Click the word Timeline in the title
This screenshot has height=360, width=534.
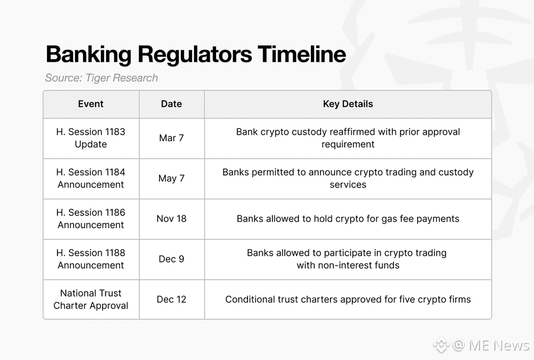(x=302, y=54)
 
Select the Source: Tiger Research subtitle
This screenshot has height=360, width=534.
(x=101, y=78)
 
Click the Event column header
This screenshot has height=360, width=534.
(x=91, y=104)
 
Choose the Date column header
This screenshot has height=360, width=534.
(x=171, y=104)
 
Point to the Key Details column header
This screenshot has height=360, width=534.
(x=348, y=104)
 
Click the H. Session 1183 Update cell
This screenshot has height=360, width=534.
(x=91, y=138)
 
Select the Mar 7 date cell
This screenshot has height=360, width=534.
(x=171, y=138)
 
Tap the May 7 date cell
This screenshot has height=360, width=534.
(x=171, y=179)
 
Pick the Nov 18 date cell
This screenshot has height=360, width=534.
(x=171, y=218)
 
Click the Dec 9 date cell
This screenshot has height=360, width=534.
(x=171, y=259)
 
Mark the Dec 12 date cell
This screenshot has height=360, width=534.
(x=171, y=300)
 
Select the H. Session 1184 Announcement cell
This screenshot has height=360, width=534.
(x=91, y=179)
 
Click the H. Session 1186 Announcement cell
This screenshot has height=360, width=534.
(x=91, y=218)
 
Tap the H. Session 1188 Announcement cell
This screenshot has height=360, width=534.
(x=91, y=259)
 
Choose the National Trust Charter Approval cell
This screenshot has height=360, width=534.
(x=91, y=300)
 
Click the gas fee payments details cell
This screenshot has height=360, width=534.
(x=348, y=219)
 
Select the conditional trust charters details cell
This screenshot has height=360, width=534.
(x=348, y=300)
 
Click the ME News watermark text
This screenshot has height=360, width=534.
(x=499, y=345)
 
